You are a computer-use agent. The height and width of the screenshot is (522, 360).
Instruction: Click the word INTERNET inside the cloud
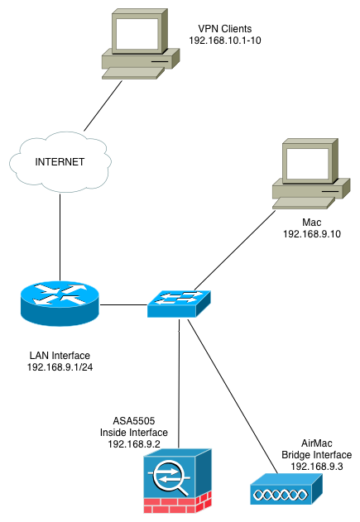click(x=60, y=162)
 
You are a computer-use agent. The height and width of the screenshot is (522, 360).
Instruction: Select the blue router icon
click(x=60, y=304)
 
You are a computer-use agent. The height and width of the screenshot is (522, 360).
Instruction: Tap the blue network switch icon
click(x=179, y=304)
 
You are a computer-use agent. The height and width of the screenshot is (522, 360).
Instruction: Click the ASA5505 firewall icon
click(x=177, y=481)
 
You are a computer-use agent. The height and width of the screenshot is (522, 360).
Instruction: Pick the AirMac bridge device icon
click(x=286, y=489)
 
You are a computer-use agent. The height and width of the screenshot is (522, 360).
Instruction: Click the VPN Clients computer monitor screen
click(x=137, y=34)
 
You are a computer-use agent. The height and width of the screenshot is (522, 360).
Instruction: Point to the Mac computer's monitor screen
click(x=307, y=164)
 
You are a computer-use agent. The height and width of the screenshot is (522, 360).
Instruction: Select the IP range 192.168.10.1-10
click(x=225, y=41)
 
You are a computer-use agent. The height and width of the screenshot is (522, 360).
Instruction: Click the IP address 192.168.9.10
click(x=312, y=234)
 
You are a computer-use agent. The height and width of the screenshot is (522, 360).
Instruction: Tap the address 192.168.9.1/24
click(x=60, y=367)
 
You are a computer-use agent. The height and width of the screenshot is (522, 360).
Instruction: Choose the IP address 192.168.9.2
click(x=134, y=444)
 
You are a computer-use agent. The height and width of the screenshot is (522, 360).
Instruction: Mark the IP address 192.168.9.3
click(x=317, y=467)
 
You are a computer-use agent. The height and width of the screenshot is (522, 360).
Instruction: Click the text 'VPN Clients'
click(x=225, y=29)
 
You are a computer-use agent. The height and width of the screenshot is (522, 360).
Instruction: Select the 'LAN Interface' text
click(x=60, y=356)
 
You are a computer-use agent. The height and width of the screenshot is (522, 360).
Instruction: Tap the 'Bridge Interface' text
click(x=317, y=455)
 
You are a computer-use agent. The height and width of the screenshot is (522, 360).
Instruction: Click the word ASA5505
click(x=134, y=421)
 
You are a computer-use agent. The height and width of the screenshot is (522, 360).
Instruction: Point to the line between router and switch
click(x=123, y=304)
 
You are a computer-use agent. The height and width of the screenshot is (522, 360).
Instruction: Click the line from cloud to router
click(x=60, y=237)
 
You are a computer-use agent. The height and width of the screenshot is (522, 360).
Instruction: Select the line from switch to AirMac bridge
click(x=233, y=395)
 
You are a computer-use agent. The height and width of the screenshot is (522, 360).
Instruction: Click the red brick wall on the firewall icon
click(x=177, y=504)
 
